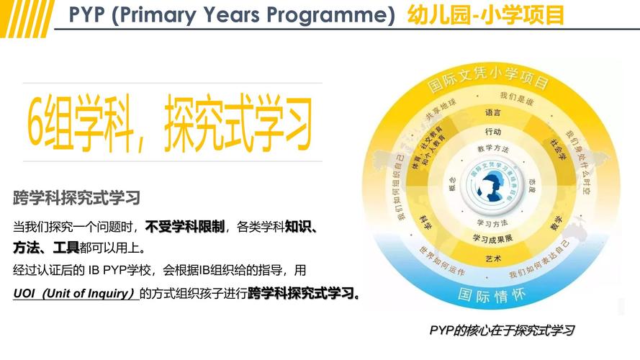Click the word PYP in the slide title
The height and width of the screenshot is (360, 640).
[88, 14]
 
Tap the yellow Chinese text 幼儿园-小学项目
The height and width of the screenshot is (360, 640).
[485, 14]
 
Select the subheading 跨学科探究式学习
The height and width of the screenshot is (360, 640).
[76, 197]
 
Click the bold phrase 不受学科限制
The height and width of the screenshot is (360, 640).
[184, 226]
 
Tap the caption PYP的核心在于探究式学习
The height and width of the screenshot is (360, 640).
[502, 330]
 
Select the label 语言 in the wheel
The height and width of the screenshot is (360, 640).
[493, 113]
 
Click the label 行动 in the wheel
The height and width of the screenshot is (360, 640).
[493, 132]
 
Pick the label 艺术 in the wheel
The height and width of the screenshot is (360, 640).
[493, 258]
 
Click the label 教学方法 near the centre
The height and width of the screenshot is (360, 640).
[493, 149]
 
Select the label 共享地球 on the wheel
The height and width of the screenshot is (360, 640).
[441, 112]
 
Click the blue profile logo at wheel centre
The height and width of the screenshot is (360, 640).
[493, 185]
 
